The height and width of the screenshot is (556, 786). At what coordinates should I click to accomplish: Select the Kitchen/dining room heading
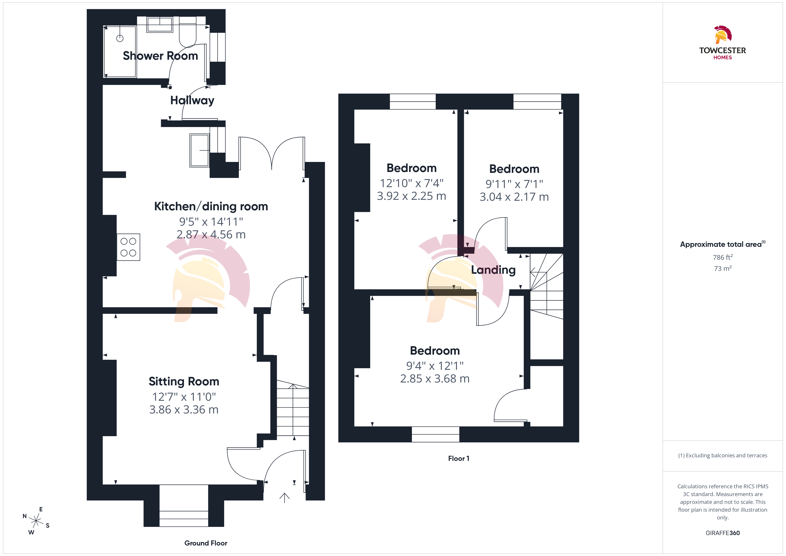point(211,206)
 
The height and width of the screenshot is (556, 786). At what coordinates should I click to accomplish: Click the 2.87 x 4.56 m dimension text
point(211,235)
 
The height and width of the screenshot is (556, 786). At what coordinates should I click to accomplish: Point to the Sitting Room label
point(184,381)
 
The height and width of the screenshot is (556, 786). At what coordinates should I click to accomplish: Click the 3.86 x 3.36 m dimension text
point(184,409)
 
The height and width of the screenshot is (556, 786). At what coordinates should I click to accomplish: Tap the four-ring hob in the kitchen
point(128,247)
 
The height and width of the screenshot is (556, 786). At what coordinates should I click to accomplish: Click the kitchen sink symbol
point(199,150)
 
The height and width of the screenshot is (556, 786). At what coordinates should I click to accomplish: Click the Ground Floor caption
point(206,543)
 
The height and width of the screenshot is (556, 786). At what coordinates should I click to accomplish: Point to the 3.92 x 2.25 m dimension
point(411,196)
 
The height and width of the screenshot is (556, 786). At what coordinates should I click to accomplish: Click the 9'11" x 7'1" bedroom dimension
point(514,184)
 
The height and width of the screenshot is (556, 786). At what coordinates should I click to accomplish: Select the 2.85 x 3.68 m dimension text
point(435,379)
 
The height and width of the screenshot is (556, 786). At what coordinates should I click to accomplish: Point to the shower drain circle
point(120,38)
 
